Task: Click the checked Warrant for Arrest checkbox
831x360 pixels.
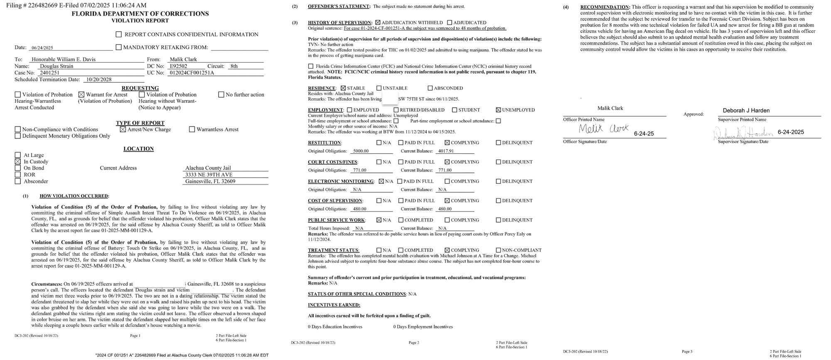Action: tap(81, 95)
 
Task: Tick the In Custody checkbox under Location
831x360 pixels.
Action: tap(17, 162)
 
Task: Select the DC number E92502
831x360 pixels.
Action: tap(178, 66)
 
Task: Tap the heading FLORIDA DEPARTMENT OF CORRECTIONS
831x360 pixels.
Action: tap(140, 14)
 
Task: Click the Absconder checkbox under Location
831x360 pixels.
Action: tap(17, 181)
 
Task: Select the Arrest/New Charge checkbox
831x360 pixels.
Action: tap(123, 129)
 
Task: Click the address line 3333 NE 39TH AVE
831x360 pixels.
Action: tap(209, 175)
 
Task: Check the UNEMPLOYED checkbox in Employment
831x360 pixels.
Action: tap(498, 110)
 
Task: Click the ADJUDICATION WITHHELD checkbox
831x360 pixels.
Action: tap(378, 22)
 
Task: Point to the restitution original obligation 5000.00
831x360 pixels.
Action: tap(361, 151)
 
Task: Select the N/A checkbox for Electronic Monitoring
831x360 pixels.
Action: tap(381, 181)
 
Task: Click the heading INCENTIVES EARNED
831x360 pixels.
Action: tap(334, 305)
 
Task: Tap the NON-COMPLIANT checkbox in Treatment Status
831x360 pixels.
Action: tap(498, 250)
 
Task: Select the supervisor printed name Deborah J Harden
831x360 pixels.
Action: tap(746, 111)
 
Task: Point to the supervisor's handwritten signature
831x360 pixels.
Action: tap(743, 133)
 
